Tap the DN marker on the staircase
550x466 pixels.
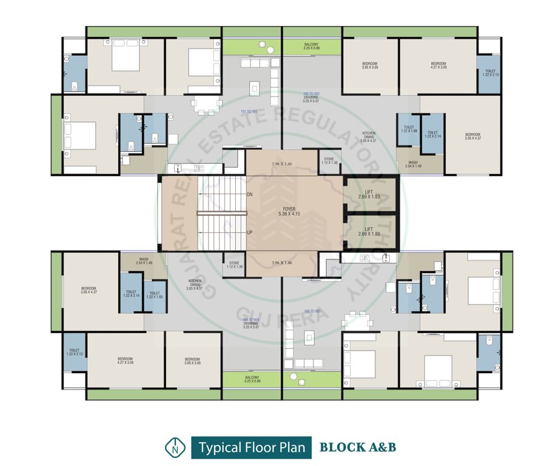(x=250, y=194)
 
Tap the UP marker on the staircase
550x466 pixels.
(x=250, y=232)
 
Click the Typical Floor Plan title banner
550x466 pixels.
(x=251, y=448)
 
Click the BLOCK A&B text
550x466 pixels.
(x=358, y=448)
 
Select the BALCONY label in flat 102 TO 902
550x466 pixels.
(x=312, y=46)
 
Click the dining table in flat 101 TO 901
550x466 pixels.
(x=206, y=104)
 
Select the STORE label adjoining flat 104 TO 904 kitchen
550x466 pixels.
(x=234, y=265)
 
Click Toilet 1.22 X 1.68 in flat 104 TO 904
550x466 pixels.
(x=156, y=294)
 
